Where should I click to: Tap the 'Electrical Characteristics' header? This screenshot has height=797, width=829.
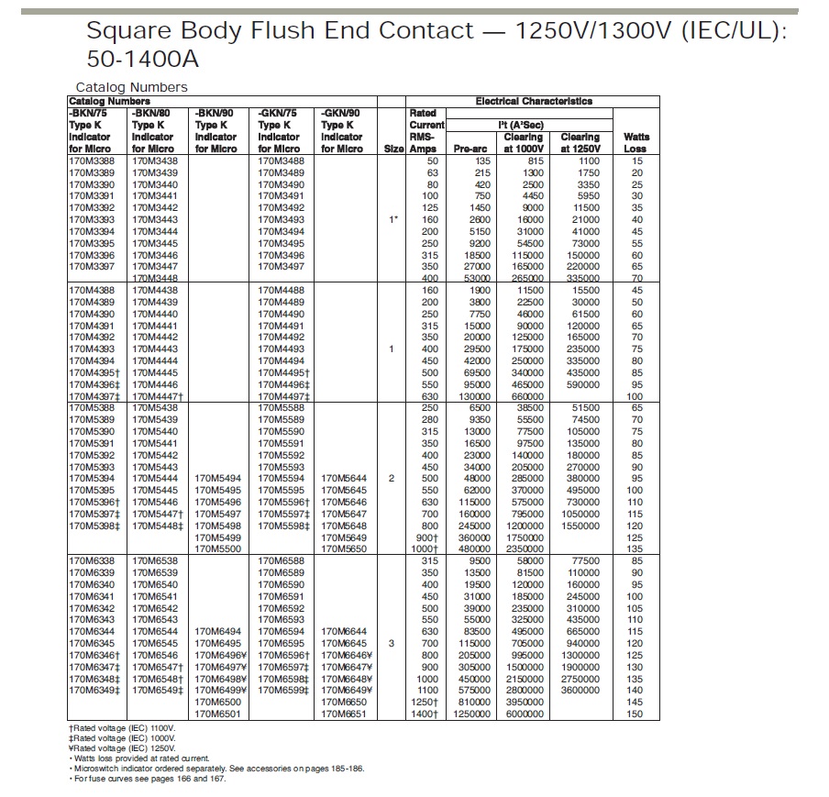[533, 101]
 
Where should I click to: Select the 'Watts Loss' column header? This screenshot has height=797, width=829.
[635, 142]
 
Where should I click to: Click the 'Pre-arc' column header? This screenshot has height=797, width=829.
[470, 149]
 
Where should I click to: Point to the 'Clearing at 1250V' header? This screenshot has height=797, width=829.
[580, 142]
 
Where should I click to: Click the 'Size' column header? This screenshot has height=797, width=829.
[392, 149]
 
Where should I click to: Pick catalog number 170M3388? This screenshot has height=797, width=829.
[91, 161]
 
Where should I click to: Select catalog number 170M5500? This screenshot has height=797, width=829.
[217, 548]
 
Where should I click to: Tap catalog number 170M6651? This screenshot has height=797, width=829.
[344, 714]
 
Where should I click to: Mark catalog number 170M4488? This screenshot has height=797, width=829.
[280, 290]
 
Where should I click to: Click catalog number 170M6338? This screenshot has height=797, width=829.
[91, 560]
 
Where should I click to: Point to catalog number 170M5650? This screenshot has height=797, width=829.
[344, 548]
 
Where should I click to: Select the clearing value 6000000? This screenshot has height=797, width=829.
[524, 714]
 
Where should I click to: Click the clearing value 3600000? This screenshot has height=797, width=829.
[580, 690]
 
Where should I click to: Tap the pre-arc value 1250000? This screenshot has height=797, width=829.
[470, 714]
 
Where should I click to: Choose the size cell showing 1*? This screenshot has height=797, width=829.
[392, 219]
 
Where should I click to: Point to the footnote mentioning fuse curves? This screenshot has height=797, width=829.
[149, 778]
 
